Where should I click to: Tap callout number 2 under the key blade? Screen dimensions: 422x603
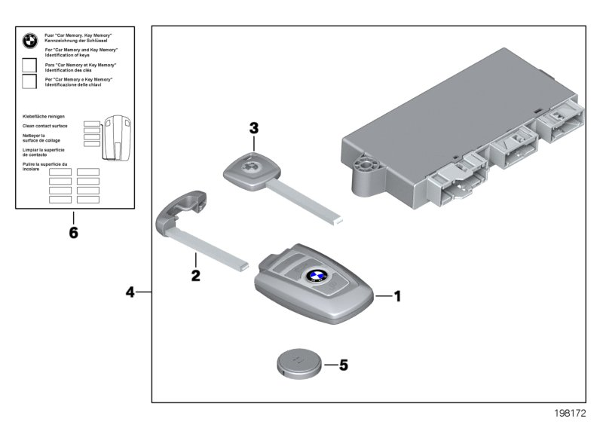click(x=195, y=276)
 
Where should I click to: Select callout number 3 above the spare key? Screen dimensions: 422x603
click(x=254, y=128)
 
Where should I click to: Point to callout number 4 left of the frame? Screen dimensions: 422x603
click(x=131, y=291)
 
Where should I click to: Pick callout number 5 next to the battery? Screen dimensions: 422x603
click(x=344, y=365)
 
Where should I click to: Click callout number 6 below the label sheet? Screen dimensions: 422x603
click(x=73, y=233)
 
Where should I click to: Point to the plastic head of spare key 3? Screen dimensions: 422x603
click(x=249, y=170)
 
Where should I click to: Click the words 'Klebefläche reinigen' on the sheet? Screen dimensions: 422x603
click(x=44, y=117)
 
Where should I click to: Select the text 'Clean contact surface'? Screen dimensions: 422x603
click(x=45, y=126)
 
